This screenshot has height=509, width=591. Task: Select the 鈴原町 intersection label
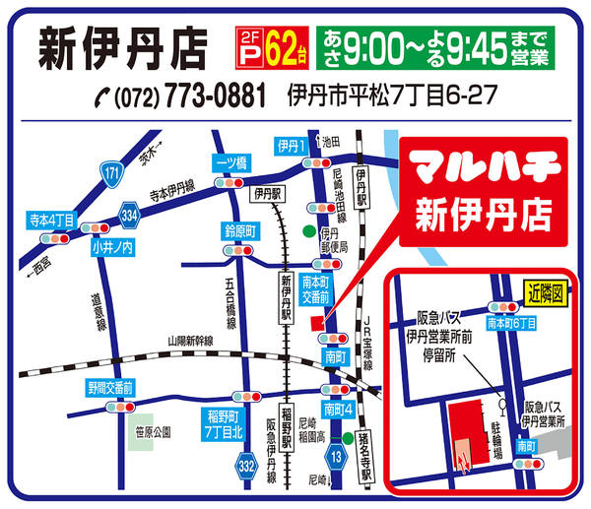(239, 232)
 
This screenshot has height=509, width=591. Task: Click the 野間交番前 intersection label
(109, 388)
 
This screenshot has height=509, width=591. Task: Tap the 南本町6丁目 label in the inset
(512, 322)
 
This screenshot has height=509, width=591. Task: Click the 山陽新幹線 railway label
(196, 341)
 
